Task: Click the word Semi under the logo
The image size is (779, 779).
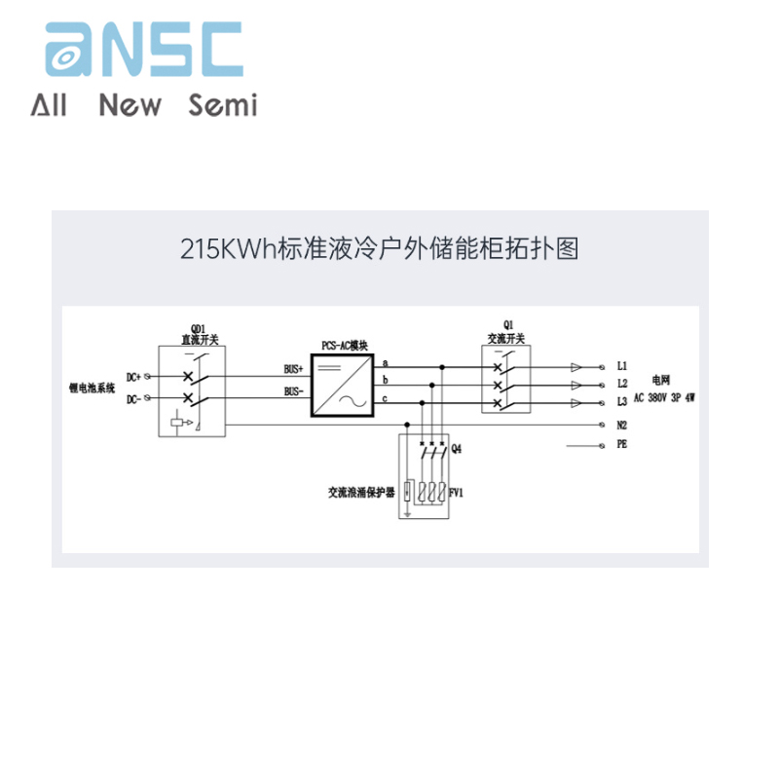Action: coord(223,104)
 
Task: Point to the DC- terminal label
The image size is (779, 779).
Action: coord(134,398)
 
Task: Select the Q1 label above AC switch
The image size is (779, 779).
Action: coord(506,328)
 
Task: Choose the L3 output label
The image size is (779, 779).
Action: coord(621,401)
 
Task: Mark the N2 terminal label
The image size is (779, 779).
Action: coord(621,425)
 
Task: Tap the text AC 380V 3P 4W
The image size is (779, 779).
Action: coord(665,397)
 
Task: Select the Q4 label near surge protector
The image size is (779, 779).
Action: coord(456,449)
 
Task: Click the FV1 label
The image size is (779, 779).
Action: coord(456,493)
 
